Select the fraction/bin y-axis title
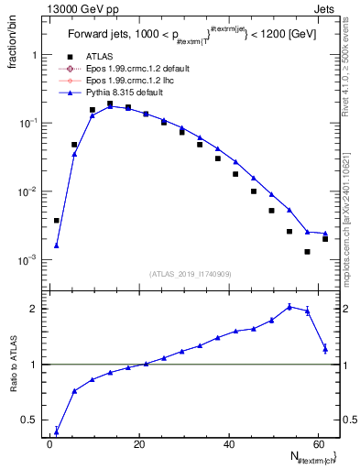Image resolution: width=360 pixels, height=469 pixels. pos(12,40)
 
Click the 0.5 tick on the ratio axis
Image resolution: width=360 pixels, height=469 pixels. pos(29,420)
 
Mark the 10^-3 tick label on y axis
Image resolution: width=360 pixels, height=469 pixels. pos(27,260)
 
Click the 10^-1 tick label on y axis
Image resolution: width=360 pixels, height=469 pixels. pos(27,123)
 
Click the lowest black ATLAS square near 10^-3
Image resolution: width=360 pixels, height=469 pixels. pos(308,252)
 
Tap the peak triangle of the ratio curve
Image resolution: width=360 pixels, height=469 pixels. pos(289,307)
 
